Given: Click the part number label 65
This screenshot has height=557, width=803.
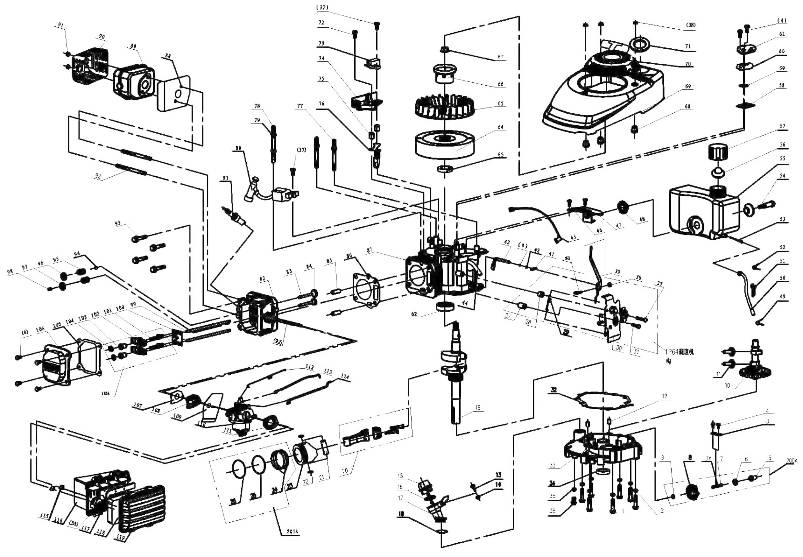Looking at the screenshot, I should [501, 104].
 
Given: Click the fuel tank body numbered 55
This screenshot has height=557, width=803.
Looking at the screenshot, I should [701, 213].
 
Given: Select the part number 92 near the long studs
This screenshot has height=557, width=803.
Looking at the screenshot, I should [98, 176].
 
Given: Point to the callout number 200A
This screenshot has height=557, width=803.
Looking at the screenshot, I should [792, 461].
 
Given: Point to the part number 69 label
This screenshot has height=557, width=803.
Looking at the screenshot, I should [688, 86].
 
